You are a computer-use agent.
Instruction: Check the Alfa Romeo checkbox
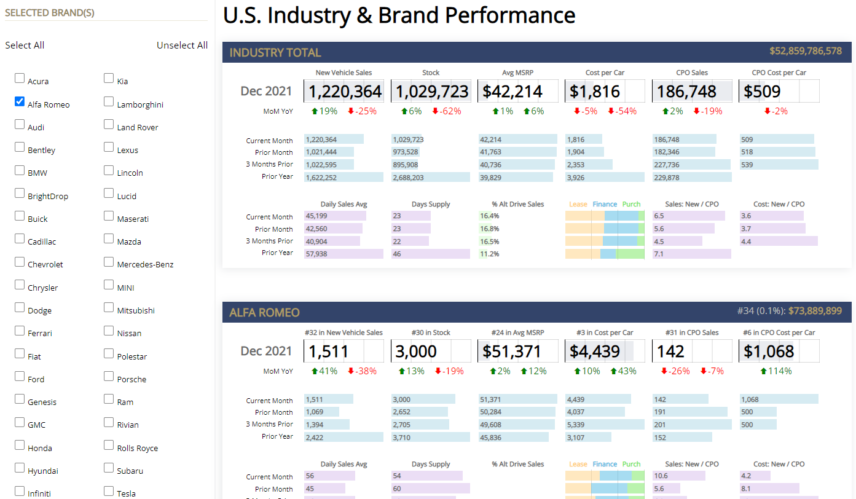[20, 101]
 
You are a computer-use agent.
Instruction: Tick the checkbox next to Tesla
[109, 491]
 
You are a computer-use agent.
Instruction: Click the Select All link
[25, 45]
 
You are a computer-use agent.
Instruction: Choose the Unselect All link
[182, 45]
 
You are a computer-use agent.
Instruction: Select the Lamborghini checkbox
[109, 101]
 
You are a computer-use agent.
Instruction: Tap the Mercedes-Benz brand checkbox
[109, 262]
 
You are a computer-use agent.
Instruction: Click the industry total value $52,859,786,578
[805, 51]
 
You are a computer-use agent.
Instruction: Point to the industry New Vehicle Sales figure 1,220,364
[344, 92]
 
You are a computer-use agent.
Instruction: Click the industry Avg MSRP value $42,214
[512, 92]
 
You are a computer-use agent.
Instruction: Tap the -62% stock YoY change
[447, 111]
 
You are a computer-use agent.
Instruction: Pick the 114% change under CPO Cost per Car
[777, 371]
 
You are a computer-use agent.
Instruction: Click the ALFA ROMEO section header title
[264, 312]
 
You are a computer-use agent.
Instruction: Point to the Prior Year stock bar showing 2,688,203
[430, 177]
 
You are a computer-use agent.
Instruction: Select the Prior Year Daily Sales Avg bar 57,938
[344, 253]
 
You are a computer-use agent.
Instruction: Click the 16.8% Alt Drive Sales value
[490, 229]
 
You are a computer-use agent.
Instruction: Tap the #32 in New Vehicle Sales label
[344, 332]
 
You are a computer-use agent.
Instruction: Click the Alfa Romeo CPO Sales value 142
[670, 352]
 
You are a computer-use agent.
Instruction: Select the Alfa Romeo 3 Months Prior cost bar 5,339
[605, 424]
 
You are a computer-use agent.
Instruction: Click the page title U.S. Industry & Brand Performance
[399, 15]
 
